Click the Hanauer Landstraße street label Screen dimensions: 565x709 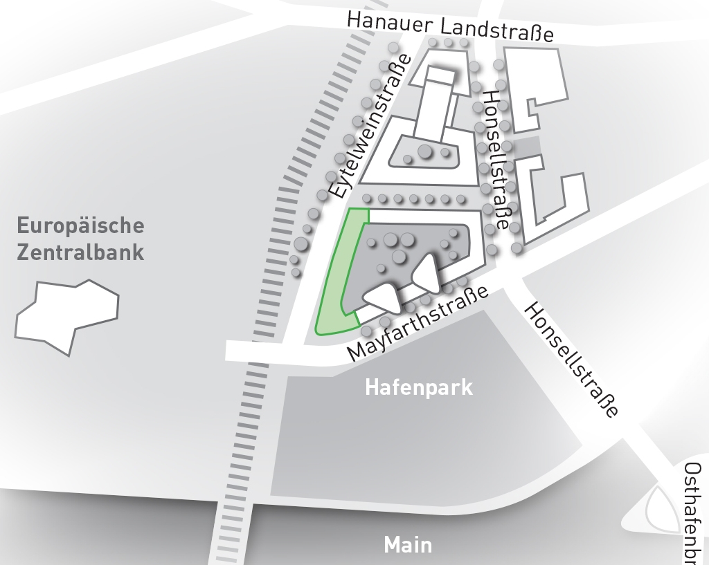[x=450, y=26]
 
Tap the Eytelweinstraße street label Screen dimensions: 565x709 [x=370, y=128]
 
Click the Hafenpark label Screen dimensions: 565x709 [x=419, y=387]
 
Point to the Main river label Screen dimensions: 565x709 [x=408, y=544]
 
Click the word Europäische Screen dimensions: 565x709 [x=80, y=226]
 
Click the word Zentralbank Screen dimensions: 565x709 [x=80, y=252]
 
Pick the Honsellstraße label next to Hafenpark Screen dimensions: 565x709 [x=571, y=360]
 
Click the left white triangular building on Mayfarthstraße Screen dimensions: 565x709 [x=382, y=297]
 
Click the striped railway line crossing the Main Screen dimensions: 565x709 [x=235, y=512]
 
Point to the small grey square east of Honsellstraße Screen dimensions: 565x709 [x=528, y=147]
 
